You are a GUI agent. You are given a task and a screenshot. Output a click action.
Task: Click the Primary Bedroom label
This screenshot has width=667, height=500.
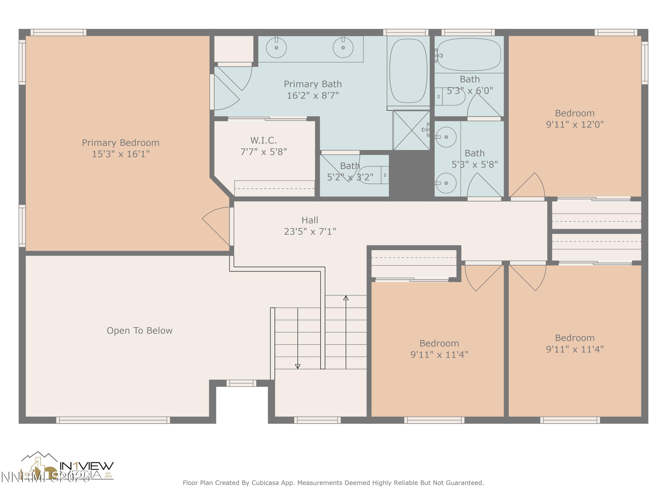pos(121,143)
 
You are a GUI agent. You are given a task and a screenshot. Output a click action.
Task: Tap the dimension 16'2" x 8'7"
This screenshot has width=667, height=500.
pos(313,96)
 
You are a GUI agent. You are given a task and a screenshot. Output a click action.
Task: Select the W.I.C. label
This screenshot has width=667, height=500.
pos(263,140)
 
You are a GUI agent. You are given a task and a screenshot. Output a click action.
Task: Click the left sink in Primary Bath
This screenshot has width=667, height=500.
pos(276,48)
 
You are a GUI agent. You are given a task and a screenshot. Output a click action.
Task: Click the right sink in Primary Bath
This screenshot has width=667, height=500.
pos(343,48)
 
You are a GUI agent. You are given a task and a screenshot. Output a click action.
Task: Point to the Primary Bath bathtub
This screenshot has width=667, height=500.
pos(408,71)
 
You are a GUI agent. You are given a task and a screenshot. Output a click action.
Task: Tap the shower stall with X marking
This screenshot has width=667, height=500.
pos(411,130)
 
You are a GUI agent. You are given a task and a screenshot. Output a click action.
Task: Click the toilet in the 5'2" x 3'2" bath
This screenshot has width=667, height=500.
pos(373,175)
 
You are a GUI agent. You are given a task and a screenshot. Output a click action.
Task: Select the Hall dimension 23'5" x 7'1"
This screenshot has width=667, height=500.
pos(310,232)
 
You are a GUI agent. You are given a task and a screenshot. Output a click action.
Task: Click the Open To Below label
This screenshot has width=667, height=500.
pos(140,331)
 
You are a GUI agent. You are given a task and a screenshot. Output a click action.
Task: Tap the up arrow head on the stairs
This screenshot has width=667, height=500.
pos(346,298)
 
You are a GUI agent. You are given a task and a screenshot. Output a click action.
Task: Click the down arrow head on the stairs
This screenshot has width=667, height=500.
pos(298,366)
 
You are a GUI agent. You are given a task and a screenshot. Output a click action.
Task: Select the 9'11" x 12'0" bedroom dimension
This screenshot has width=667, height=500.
pos(575,124)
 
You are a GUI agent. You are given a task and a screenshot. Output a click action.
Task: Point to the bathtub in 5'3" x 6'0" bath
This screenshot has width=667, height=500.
pos(469,54)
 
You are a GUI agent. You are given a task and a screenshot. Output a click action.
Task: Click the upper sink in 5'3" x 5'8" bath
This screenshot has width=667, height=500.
pos(446,137)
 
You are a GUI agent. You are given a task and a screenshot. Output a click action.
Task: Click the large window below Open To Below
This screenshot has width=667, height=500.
pos(113,420)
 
